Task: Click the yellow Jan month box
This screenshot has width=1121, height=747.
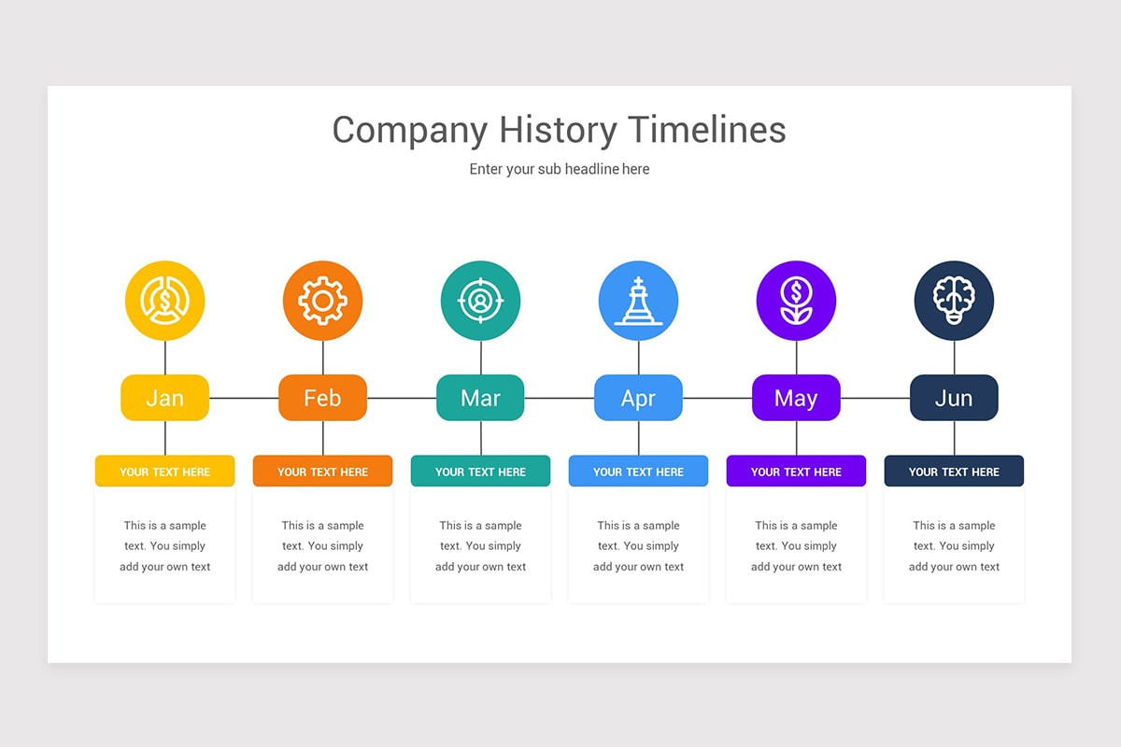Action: (x=164, y=398)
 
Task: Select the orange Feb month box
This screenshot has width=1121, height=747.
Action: (x=322, y=398)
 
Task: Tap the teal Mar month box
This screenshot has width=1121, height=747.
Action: (x=480, y=398)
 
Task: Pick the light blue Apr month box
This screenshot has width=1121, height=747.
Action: (x=638, y=398)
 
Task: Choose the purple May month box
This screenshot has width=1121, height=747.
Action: (x=796, y=398)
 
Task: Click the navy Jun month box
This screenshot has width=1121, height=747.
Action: (x=954, y=398)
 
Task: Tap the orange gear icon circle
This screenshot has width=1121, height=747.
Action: (x=322, y=301)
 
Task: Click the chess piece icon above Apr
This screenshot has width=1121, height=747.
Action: (x=638, y=301)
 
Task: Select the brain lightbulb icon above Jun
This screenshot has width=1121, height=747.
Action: (x=954, y=301)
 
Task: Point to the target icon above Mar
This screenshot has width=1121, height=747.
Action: (x=480, y=301)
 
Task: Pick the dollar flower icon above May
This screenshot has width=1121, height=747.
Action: (x=796, y=301)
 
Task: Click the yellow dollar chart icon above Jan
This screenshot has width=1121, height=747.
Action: (x=164, y=301)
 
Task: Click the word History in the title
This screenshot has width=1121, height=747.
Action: (x=558, y=130)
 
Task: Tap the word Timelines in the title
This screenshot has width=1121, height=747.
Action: (x=706, y=130)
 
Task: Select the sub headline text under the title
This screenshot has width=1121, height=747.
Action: (x=559, y=169)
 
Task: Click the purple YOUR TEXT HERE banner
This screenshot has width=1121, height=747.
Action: (x=796, y=472)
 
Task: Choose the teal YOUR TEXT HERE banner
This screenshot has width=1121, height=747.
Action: (x=480, y=472)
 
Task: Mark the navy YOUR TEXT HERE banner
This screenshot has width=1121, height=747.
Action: (x=954, y=472)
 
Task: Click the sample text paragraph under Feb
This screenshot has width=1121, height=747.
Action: (x=322, y=546)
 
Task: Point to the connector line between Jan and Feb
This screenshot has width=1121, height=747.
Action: (x=244, y=398)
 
